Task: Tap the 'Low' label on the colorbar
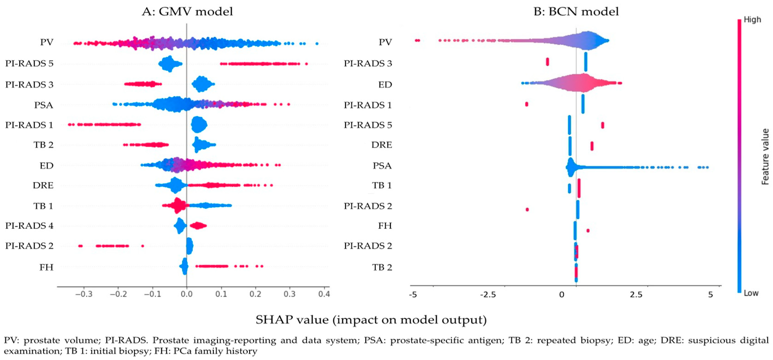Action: [x=751, y=293]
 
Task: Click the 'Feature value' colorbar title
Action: [x=765, y=156]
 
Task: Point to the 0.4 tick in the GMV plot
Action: [x=324, y=294]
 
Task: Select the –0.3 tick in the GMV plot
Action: [x=83, y=294]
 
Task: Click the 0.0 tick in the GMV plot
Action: [x=187, y=294]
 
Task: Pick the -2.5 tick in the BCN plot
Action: [x=488, y=295]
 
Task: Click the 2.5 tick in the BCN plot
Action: [x=636, y=295]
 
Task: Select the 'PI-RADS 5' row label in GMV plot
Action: [x=29, y=64]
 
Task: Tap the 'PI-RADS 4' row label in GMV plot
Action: [x=29, y=225]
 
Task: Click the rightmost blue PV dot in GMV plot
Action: [x=317, y=44]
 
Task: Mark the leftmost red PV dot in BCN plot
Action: [x=417, y=40]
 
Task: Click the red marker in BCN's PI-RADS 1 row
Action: [x=527, y=104]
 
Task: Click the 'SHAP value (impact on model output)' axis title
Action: [x=371, y=320]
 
